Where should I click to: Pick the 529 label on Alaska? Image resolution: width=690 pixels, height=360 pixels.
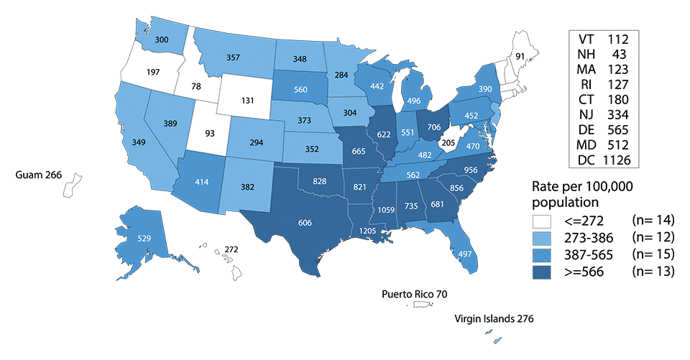click(x=143, y=239)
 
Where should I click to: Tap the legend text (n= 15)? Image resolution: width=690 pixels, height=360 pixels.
click(x=650, y=256)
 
